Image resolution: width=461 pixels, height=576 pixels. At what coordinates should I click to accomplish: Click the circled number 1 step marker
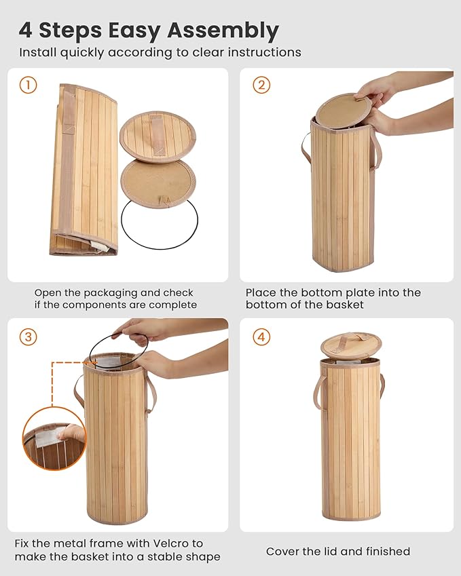coord(28,85)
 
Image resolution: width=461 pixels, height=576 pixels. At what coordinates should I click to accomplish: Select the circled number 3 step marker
coord(28,337)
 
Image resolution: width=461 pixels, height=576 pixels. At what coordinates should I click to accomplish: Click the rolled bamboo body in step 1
coord(84,170)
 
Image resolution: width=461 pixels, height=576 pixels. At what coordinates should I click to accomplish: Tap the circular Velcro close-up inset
coord(54,438)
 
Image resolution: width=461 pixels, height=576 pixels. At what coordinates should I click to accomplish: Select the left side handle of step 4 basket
coord(317,398)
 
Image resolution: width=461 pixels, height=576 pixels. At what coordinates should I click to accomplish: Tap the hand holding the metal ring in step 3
coord(139,331)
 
